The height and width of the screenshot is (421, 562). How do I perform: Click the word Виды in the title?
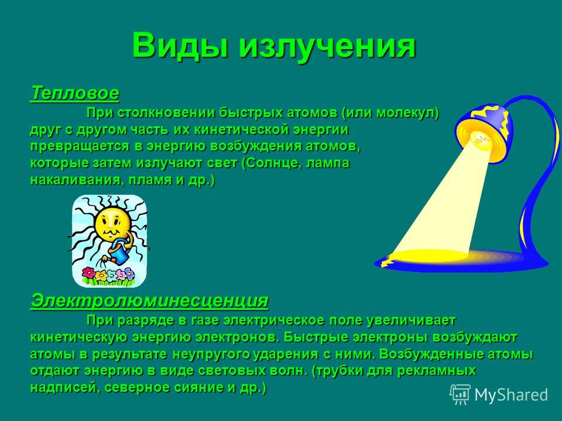tap(179, 46)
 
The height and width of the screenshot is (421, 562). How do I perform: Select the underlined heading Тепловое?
tap(75, 93)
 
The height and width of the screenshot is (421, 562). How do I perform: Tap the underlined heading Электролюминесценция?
tap(149, 301)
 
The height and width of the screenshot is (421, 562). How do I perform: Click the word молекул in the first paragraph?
tap(407, 113)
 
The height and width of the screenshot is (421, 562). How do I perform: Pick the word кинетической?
tap(241, 130)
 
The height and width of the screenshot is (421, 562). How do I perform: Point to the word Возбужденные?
tap(430, 354)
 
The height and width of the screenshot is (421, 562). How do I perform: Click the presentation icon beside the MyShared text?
tap(460, 395)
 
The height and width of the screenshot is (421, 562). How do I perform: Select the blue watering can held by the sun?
tap(119, 253)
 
